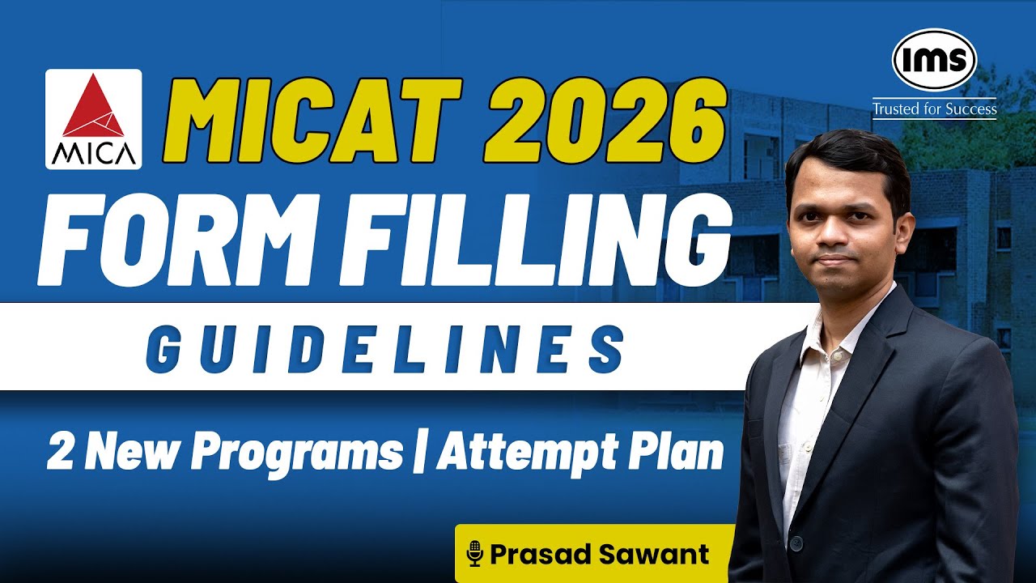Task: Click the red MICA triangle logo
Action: point(93,109)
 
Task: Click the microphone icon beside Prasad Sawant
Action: point(475,555)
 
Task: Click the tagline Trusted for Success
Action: point(934,108)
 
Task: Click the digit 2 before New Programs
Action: point(58,452)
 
